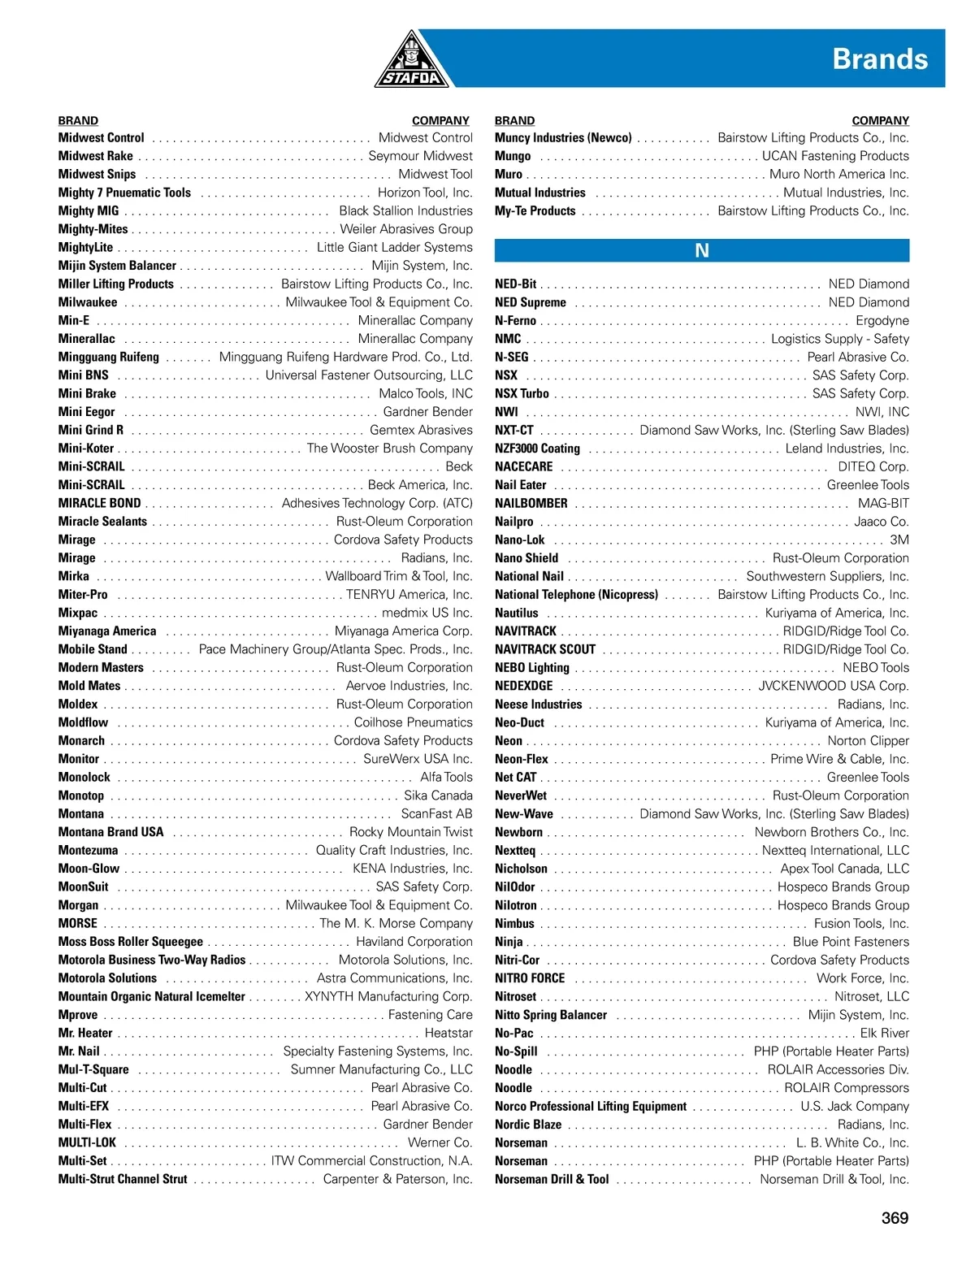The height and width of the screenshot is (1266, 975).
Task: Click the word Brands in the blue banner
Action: coord(880,59)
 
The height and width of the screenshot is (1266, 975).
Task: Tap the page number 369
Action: coord(895,1217)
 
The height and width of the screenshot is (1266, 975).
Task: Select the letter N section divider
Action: coord(702,250)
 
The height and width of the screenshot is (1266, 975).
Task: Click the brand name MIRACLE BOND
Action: coord(99,503)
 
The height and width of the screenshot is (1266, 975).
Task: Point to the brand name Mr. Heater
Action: coord(85,1033)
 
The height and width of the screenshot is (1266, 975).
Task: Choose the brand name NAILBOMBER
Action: coord(531,503)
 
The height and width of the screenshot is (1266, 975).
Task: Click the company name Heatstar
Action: coord(448,1033)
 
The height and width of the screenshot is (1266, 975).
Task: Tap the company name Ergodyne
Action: coord(882,320)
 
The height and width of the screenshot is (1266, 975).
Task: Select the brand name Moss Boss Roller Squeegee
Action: coord(131,941)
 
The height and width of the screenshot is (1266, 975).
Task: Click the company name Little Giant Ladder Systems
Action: coord(395,247)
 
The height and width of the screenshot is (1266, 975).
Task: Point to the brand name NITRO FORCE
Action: coord(530,978)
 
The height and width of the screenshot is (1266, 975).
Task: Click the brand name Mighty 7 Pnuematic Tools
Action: coord(124,193)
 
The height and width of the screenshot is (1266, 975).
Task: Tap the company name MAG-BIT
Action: coord(884,503)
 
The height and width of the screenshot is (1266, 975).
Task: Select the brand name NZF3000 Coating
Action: coord(537,449)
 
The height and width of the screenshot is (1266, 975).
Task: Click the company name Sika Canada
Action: coord(438,796)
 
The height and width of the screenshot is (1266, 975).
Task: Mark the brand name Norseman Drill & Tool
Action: coord(552,1179)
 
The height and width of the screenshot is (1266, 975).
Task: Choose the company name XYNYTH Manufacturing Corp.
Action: coord(388,996)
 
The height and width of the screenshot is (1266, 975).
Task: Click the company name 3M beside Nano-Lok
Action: coord(899,540)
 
